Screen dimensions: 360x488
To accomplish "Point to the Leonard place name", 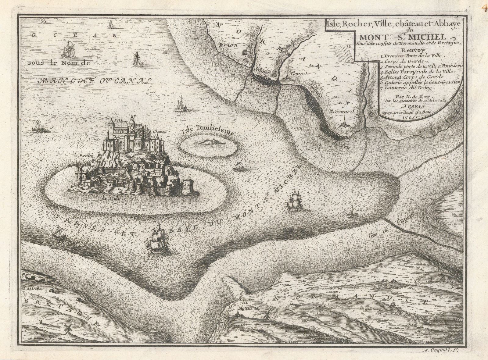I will coord(344,112).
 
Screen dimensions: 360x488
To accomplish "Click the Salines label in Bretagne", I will coord(32,288).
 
